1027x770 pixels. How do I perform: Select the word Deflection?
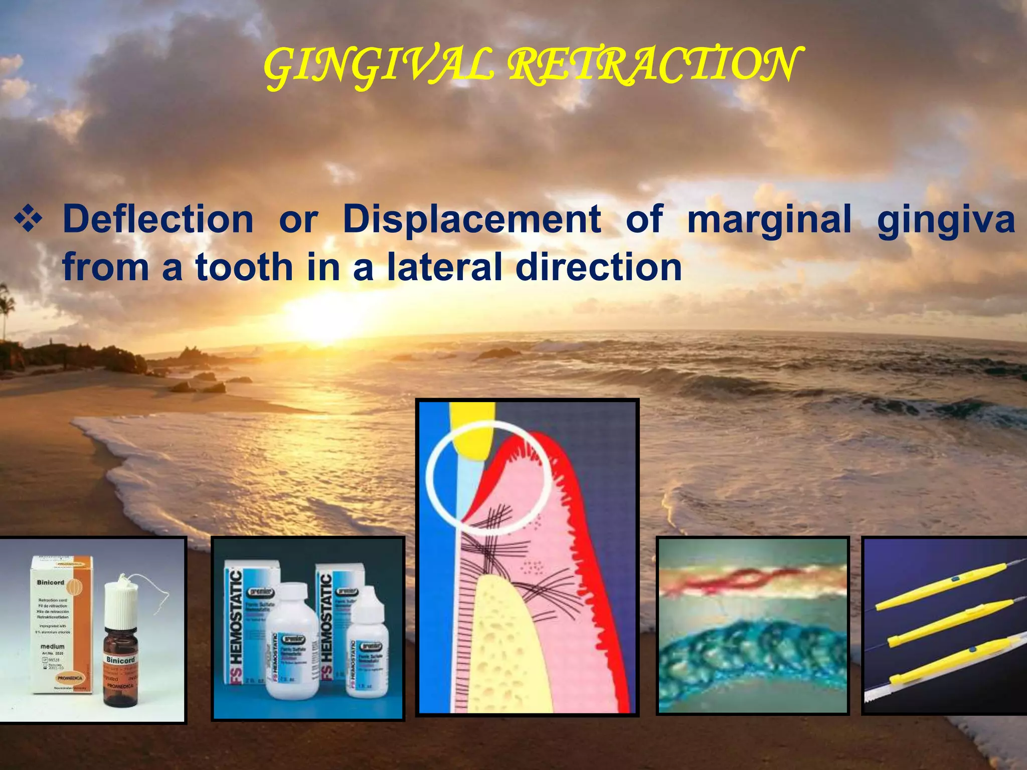tap(158, 219)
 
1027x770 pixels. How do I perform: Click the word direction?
tap(599, 267)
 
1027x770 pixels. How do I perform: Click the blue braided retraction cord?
tap(752, 652)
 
